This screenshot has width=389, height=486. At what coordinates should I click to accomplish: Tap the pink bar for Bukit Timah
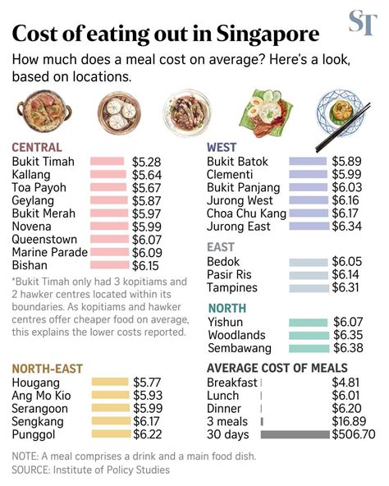pos(107,162)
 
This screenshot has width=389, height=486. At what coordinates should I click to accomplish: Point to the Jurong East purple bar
pos(308,226)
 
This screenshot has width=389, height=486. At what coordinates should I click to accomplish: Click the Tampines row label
pos(232,288)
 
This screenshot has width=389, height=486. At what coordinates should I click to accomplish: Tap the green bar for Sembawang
pos(308,348)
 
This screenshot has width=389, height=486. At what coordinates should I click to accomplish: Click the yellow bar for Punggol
pos(109,433)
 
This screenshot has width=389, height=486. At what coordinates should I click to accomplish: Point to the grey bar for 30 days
pos(295,434)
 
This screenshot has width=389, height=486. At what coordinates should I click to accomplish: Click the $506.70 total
pos(353,434)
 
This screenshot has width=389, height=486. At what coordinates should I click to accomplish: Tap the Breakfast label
pos(232,383)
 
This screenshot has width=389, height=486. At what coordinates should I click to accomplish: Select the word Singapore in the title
pos(268,34)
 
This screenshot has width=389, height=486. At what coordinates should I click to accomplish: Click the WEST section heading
pos(222,147)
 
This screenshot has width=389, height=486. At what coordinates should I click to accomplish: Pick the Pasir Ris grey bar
pos(308,275)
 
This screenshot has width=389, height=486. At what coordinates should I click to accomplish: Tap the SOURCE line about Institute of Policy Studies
pos(90,470)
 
